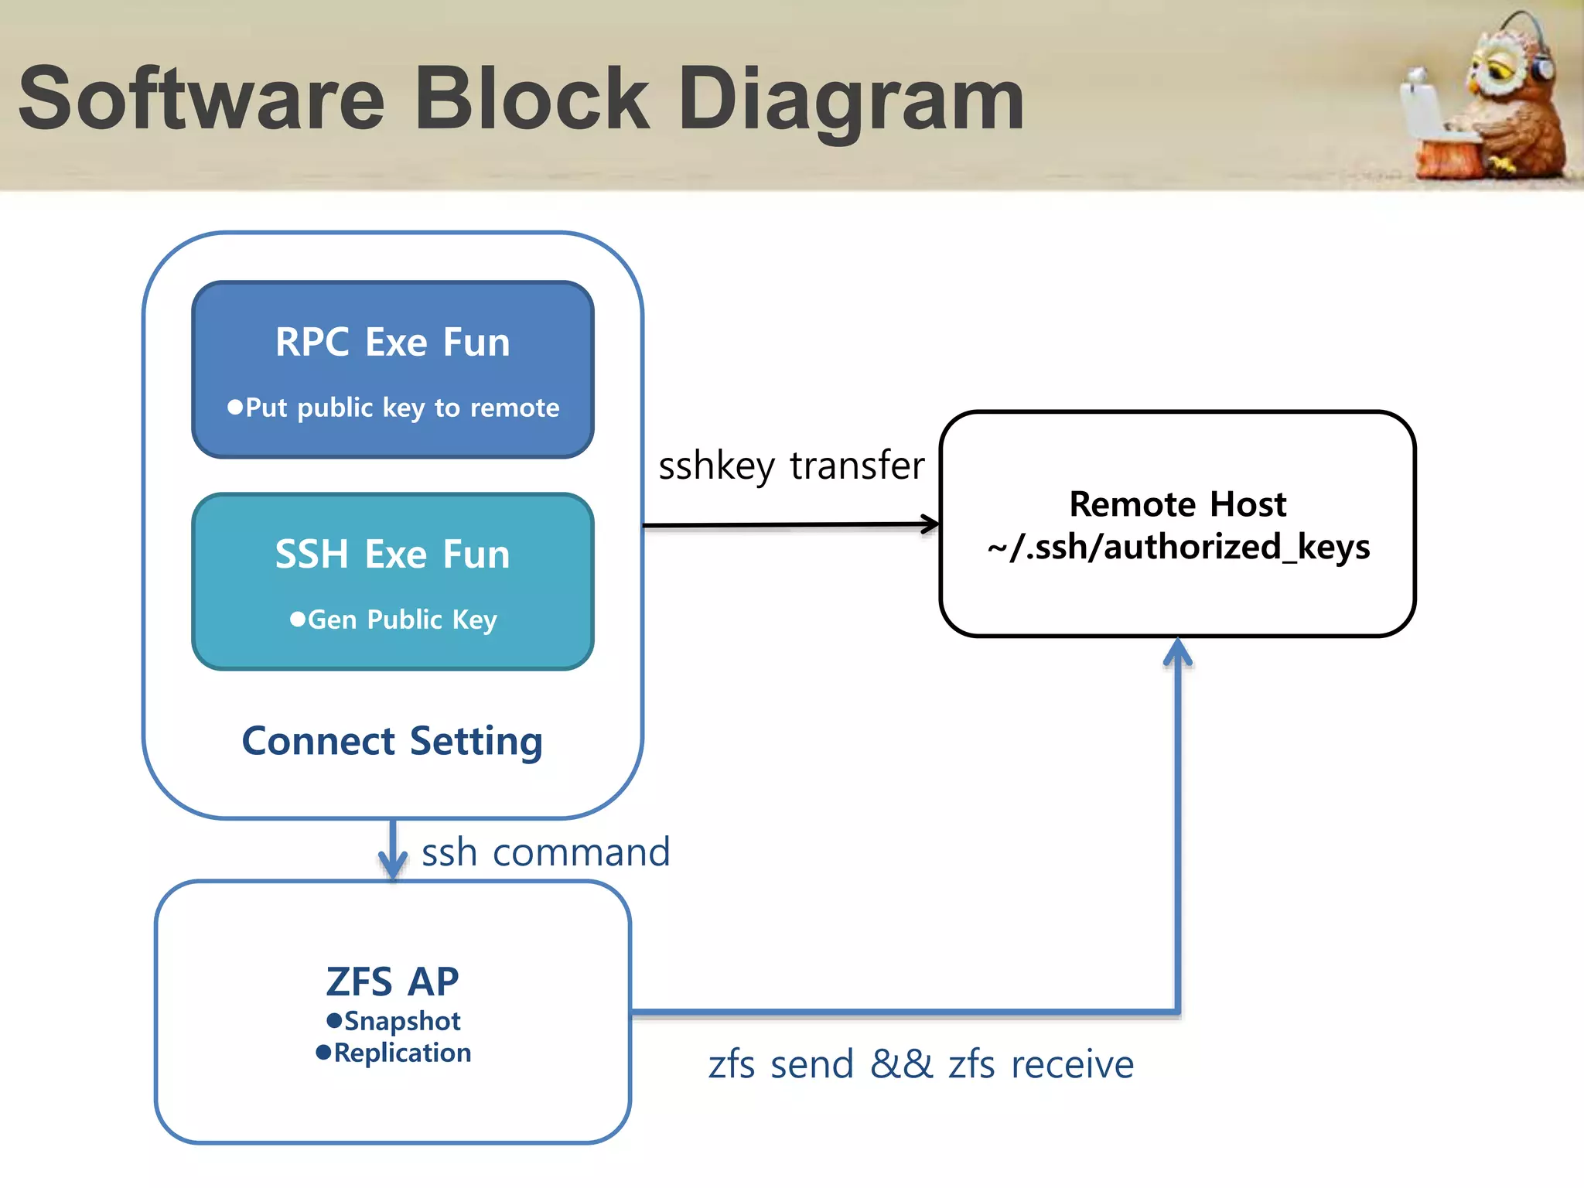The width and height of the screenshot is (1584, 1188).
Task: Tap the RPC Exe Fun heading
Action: point(393,342)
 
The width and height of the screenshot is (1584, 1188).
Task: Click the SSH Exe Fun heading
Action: point(393,555)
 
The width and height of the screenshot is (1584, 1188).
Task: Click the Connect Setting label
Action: point(392,741)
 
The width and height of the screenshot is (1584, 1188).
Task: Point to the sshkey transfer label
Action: point(791,466)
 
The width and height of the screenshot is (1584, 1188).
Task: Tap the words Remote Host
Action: point(1177,504)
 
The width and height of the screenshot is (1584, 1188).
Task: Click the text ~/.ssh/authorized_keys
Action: point(1178,547)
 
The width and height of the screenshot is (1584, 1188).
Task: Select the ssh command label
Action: point(545,852)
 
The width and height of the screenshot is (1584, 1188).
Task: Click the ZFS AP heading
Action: point(392,981)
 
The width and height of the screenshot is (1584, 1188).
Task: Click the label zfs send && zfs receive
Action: point(920,1064)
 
